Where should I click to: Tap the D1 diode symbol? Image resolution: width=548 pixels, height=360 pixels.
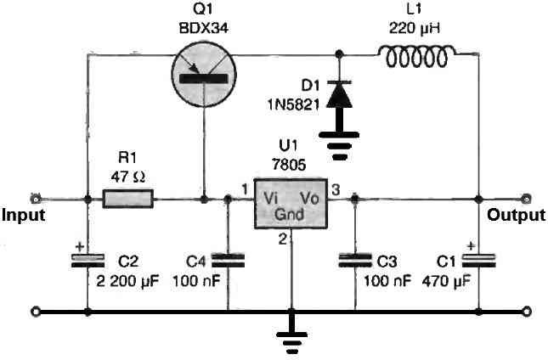(x=340, y=95)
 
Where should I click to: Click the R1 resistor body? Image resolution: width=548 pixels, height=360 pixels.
(x=128, y=200)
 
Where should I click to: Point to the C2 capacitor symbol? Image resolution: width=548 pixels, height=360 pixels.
(x=88, y=262)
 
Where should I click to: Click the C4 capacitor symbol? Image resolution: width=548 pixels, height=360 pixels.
(x=228, y=259)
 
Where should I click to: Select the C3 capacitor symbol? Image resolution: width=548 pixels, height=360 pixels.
(x=353, y=259)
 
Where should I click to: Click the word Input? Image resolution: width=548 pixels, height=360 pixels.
(x=23, y=216)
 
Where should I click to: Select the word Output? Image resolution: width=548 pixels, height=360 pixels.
(x=516, y=216)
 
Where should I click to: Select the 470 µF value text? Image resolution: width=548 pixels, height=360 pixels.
(x=443, y=279)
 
